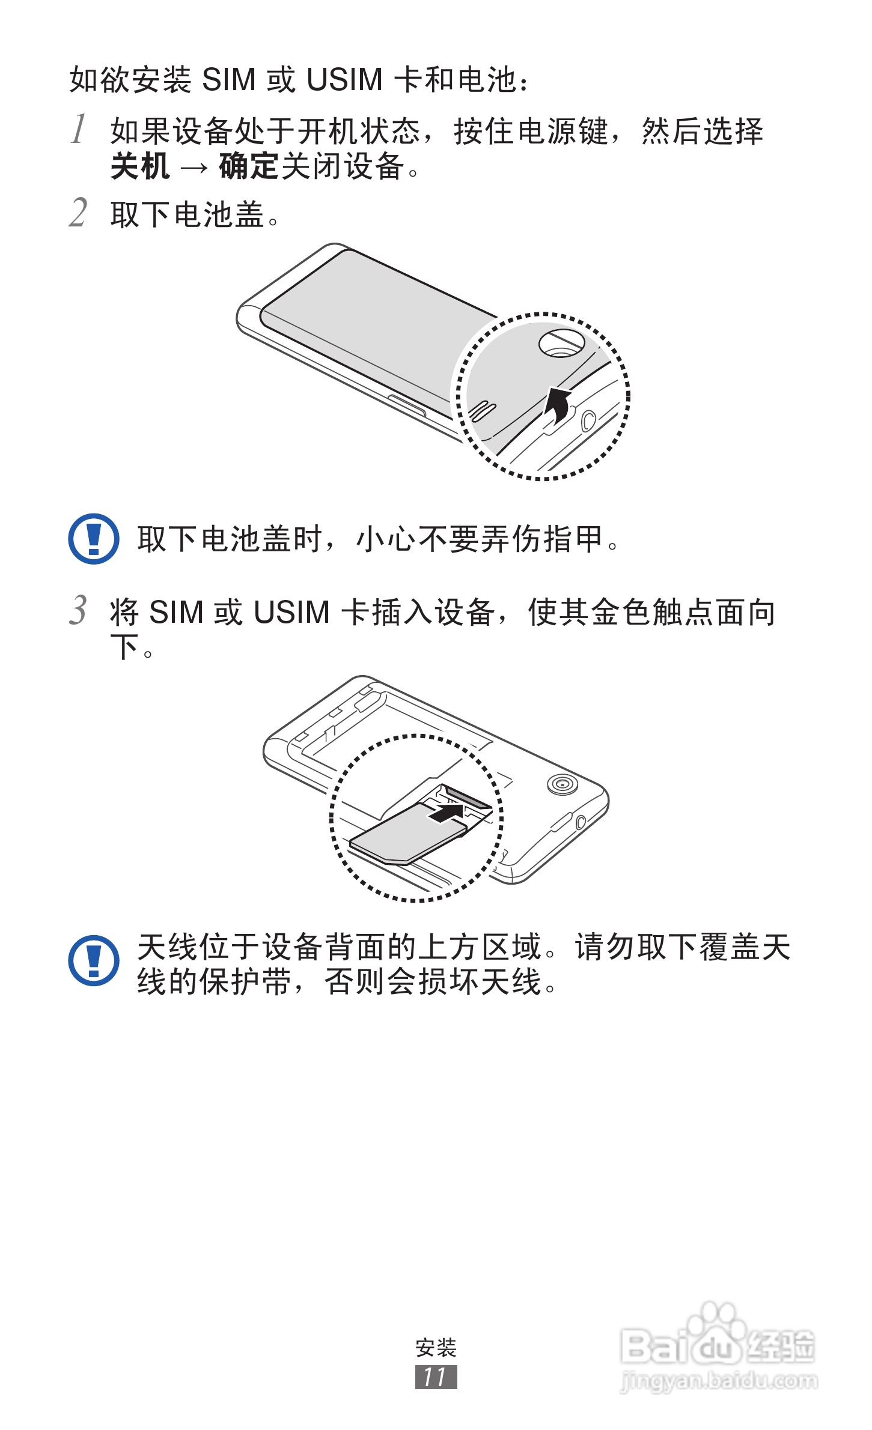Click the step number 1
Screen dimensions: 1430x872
click(x=79, y=129)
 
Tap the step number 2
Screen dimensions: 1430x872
click(x=78, y=213)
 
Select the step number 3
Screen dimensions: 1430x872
click(x=78, y=610)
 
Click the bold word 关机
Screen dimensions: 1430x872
click(x=140, y=166)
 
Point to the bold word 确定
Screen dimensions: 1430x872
click(x=249, y=166)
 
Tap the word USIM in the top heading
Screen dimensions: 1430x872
click(x=344, y=80)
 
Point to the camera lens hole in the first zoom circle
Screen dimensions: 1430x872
click(x=561, y=343)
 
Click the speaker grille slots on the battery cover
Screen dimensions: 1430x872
click(x=482, y=411)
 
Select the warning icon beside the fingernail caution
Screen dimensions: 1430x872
click(x=93, y=538)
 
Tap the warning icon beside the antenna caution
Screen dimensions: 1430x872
click(x=93, y=960)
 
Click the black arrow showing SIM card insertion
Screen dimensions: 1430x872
click(x=446, y=814)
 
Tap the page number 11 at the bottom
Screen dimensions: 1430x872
click(x=436, y=1377)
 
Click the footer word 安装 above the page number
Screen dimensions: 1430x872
click(x=436, y=1348)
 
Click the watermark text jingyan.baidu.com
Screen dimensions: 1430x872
click(x=718, y=1381)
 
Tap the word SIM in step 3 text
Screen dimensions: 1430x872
click(x=175, y=613)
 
